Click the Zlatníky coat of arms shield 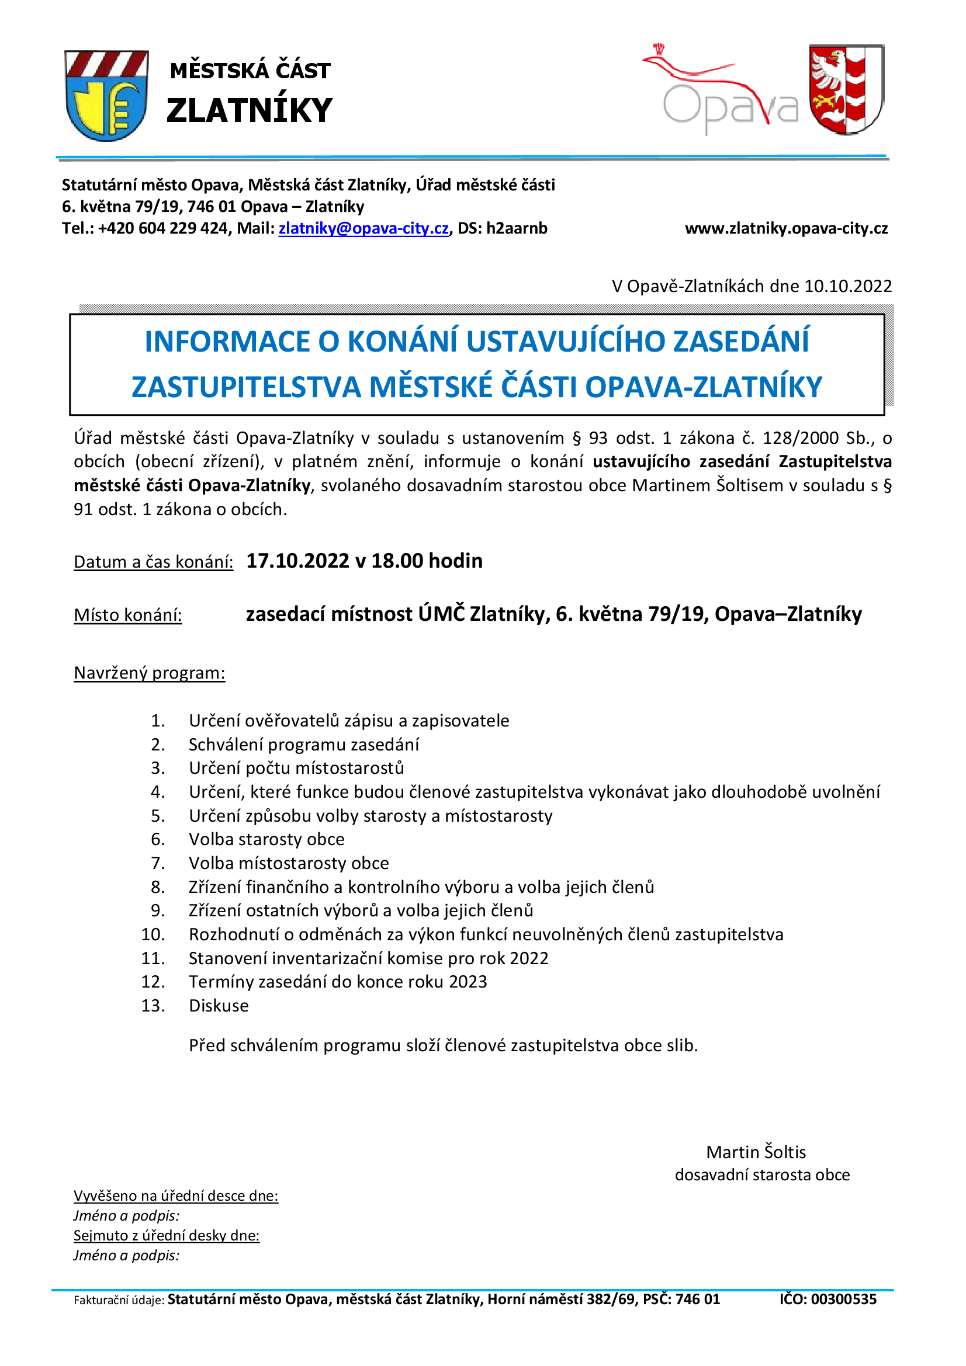click(x=106, y=95)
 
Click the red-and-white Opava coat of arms click(x=846, y=89)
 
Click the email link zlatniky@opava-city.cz click(x=363, y=228)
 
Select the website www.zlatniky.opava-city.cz click(x=785, y=228)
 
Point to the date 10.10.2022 click(x=847, y=286)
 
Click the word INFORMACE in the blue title click(x=228, y=342)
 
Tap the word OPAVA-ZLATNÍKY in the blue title click(x=703, y=387)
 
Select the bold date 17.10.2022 click(x=297, y=561)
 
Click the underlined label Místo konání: click(x=127, y=615)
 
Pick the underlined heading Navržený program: click(x=150, y=673)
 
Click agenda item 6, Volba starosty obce click(x=266, y=839)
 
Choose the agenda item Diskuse click(x=219, y=1006)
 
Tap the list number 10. click(x=153, y=934)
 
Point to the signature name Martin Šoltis click(x=755, y=1152)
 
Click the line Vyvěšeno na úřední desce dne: click(x=175, y=1196)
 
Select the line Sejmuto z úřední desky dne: click(x=166, y=1236)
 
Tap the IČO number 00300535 click(x=843, y=1299)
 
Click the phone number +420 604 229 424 click(x=163, y=228)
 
